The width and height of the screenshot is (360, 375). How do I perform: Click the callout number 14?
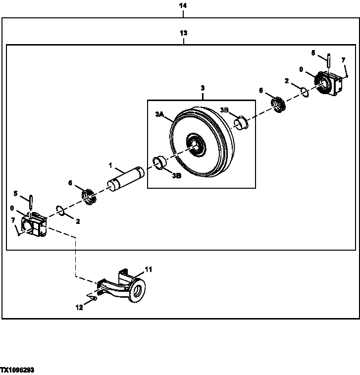pos(183,5)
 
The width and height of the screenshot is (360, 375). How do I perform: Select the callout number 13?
pos(183,33)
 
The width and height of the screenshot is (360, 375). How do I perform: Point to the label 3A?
pos(159,114)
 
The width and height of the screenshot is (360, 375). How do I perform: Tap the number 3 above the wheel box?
pos(202,88)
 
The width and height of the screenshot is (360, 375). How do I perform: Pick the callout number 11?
pos(148,269)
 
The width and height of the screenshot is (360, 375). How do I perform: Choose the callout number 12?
pos(79,307)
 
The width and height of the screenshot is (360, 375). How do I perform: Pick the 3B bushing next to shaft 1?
pos(159,162)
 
